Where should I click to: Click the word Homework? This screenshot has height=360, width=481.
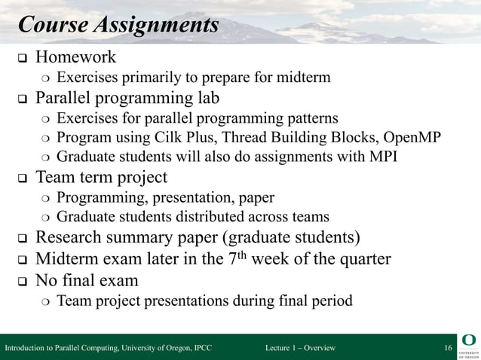coord(76,57)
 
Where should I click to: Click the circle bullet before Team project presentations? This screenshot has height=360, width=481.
coord(45,301)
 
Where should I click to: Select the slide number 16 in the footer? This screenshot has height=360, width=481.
coord(448,348)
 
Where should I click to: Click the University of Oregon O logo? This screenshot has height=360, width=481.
coord(467,340)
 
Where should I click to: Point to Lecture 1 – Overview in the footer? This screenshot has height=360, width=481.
coord(300,348)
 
